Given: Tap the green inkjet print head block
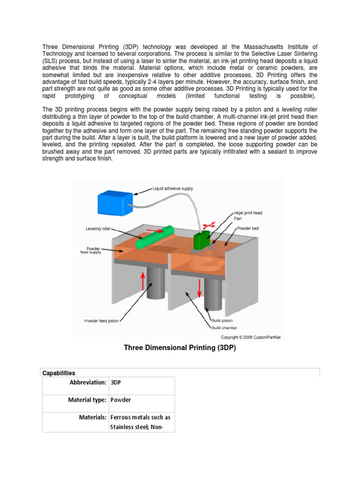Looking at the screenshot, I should [202, 240].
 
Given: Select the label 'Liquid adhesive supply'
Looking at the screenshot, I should [172, 188].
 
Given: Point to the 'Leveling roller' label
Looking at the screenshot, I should [98, 229].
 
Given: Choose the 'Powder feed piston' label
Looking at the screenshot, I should [102, 321].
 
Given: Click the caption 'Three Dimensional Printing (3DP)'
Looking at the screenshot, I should [180, 348].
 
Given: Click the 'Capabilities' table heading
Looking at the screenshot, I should [59, 373].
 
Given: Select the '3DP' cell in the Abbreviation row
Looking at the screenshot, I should [115, 382].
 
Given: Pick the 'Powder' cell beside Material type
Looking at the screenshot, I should [120, 400].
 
